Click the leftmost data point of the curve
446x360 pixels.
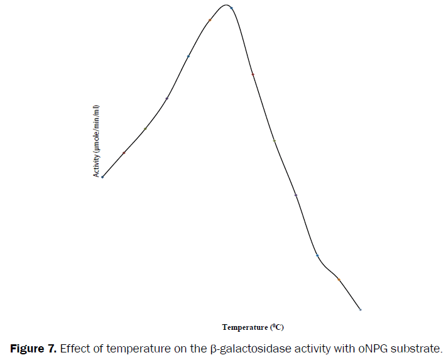(x=102, y=177)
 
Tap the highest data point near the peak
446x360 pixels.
(x=231, y=8)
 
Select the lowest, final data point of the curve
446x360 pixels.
(x=360, y=309)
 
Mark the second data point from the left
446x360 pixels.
(x=124, y=153)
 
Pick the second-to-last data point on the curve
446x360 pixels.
(x=339, y=279)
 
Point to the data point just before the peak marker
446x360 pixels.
(x=210, y=20)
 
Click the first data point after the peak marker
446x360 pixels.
(x=253, y=74)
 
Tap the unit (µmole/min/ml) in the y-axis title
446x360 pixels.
(x=97, y=128)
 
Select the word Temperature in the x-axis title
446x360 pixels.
(x=245, y=327)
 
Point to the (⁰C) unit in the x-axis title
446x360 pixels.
(x=277, y=327)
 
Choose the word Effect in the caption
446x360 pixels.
(x=75, y=347)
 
